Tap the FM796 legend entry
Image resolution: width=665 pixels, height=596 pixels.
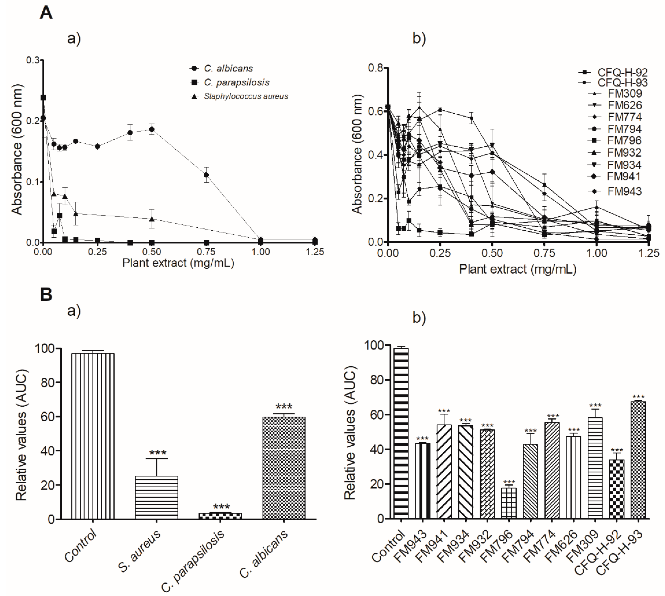[x=615, y=141]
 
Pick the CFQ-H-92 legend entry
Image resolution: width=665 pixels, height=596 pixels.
[x=613, y=72]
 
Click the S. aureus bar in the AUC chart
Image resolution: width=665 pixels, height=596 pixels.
[x=156, y=497]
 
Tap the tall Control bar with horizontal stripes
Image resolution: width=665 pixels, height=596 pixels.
[x=401, y=433]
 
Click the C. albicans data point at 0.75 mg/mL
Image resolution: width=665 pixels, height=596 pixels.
[x=206, y=175]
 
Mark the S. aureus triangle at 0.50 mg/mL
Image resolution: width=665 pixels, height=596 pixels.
[x=152, y=219]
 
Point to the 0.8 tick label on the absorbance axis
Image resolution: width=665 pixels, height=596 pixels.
[x=376, y=68]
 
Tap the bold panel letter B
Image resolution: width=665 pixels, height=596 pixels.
[x=46, y=294]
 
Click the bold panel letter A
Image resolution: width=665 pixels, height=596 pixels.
[x=46, y=14]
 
